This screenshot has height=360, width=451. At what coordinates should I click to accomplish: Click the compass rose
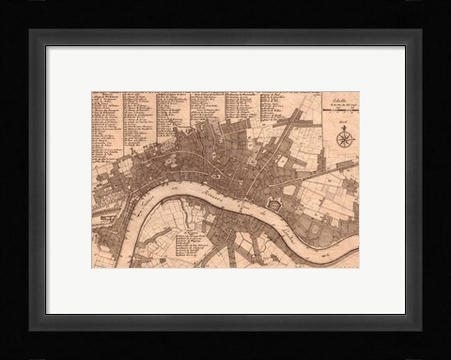[x=343, y=139]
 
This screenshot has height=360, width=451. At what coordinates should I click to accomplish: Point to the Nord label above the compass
[x=343, y=121]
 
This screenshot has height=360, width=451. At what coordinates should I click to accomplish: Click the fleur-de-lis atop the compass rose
[x=343, y=129]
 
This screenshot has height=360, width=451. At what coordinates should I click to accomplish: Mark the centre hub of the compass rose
[x=343, y=140]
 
